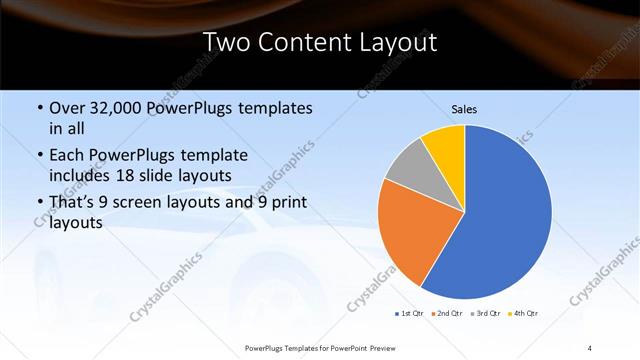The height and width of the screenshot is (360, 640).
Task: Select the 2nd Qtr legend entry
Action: click(444, 314)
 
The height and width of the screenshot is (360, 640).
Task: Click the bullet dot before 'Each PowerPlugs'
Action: click(39, 157)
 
